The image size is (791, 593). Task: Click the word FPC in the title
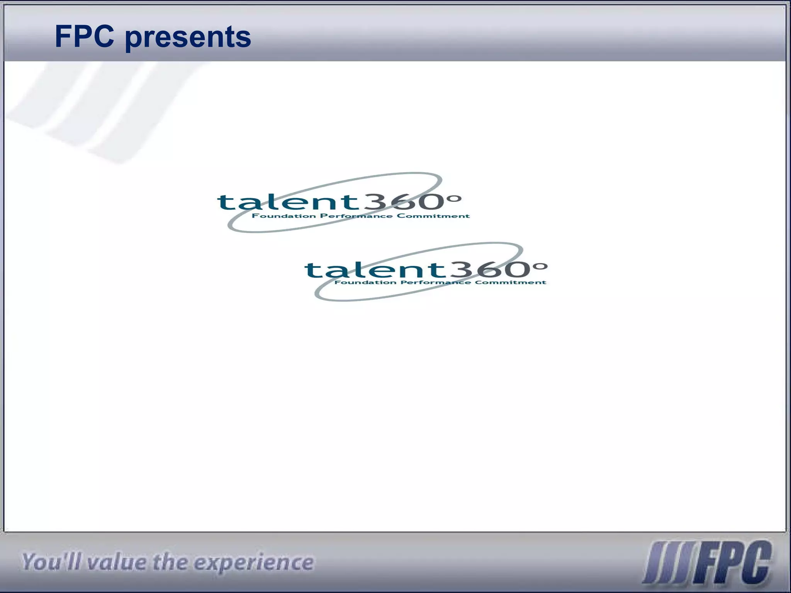(85, 37)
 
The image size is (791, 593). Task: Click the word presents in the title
(188, 38)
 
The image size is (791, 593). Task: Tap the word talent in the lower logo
(373, 269)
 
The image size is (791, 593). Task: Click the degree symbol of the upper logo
(455, 199)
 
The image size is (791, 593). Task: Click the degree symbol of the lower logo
(541, 266)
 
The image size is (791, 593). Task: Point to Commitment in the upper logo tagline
(433, 216)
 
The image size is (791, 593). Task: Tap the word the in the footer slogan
(170, 562)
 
